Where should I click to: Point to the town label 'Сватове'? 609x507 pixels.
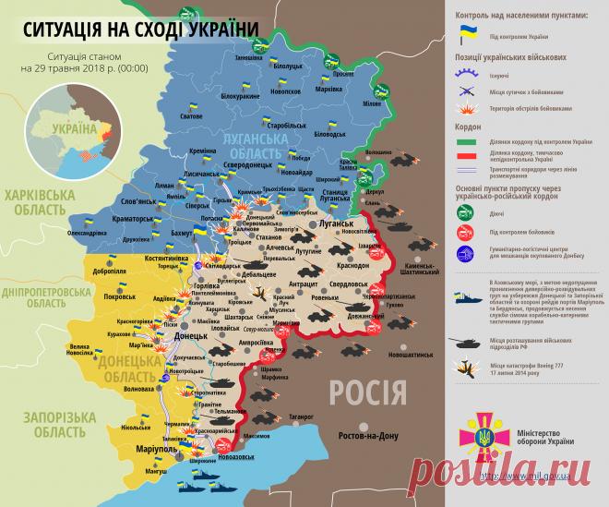[x=191, y=117]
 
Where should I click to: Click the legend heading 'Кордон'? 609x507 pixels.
[x=470, y=130]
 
